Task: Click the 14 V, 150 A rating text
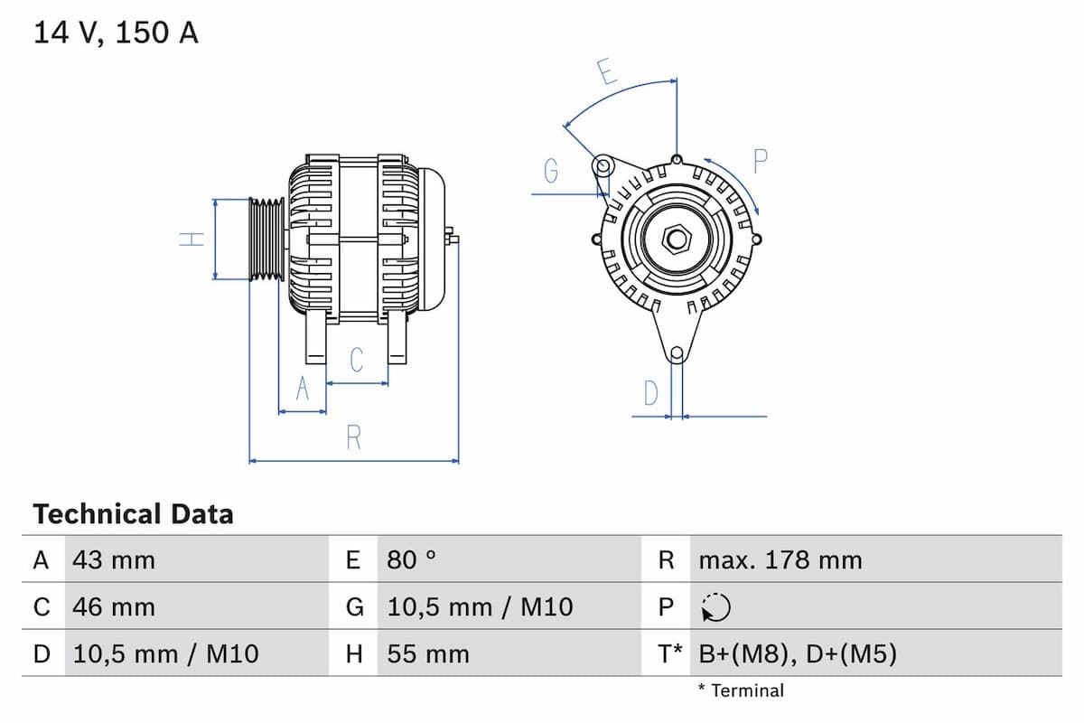[116, 33]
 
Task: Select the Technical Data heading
[133, 514]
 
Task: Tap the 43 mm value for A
[113, 560]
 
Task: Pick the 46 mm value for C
[113, 606]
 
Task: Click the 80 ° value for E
[411, 560]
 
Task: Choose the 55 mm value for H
[428, 653]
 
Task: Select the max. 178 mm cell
[780, 560]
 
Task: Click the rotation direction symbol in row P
[715, 608]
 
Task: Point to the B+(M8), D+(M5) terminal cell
[798, 653]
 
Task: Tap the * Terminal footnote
[741, 691]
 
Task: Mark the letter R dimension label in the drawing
[353, 438]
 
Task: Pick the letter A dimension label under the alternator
[303, 390]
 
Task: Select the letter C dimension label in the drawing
[357, 360]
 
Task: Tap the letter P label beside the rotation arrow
[760, 162]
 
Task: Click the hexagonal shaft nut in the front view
[677, 240]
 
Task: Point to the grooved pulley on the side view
[268, 239]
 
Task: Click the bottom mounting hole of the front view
[677, 354]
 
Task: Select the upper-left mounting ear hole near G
[603, 166]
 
